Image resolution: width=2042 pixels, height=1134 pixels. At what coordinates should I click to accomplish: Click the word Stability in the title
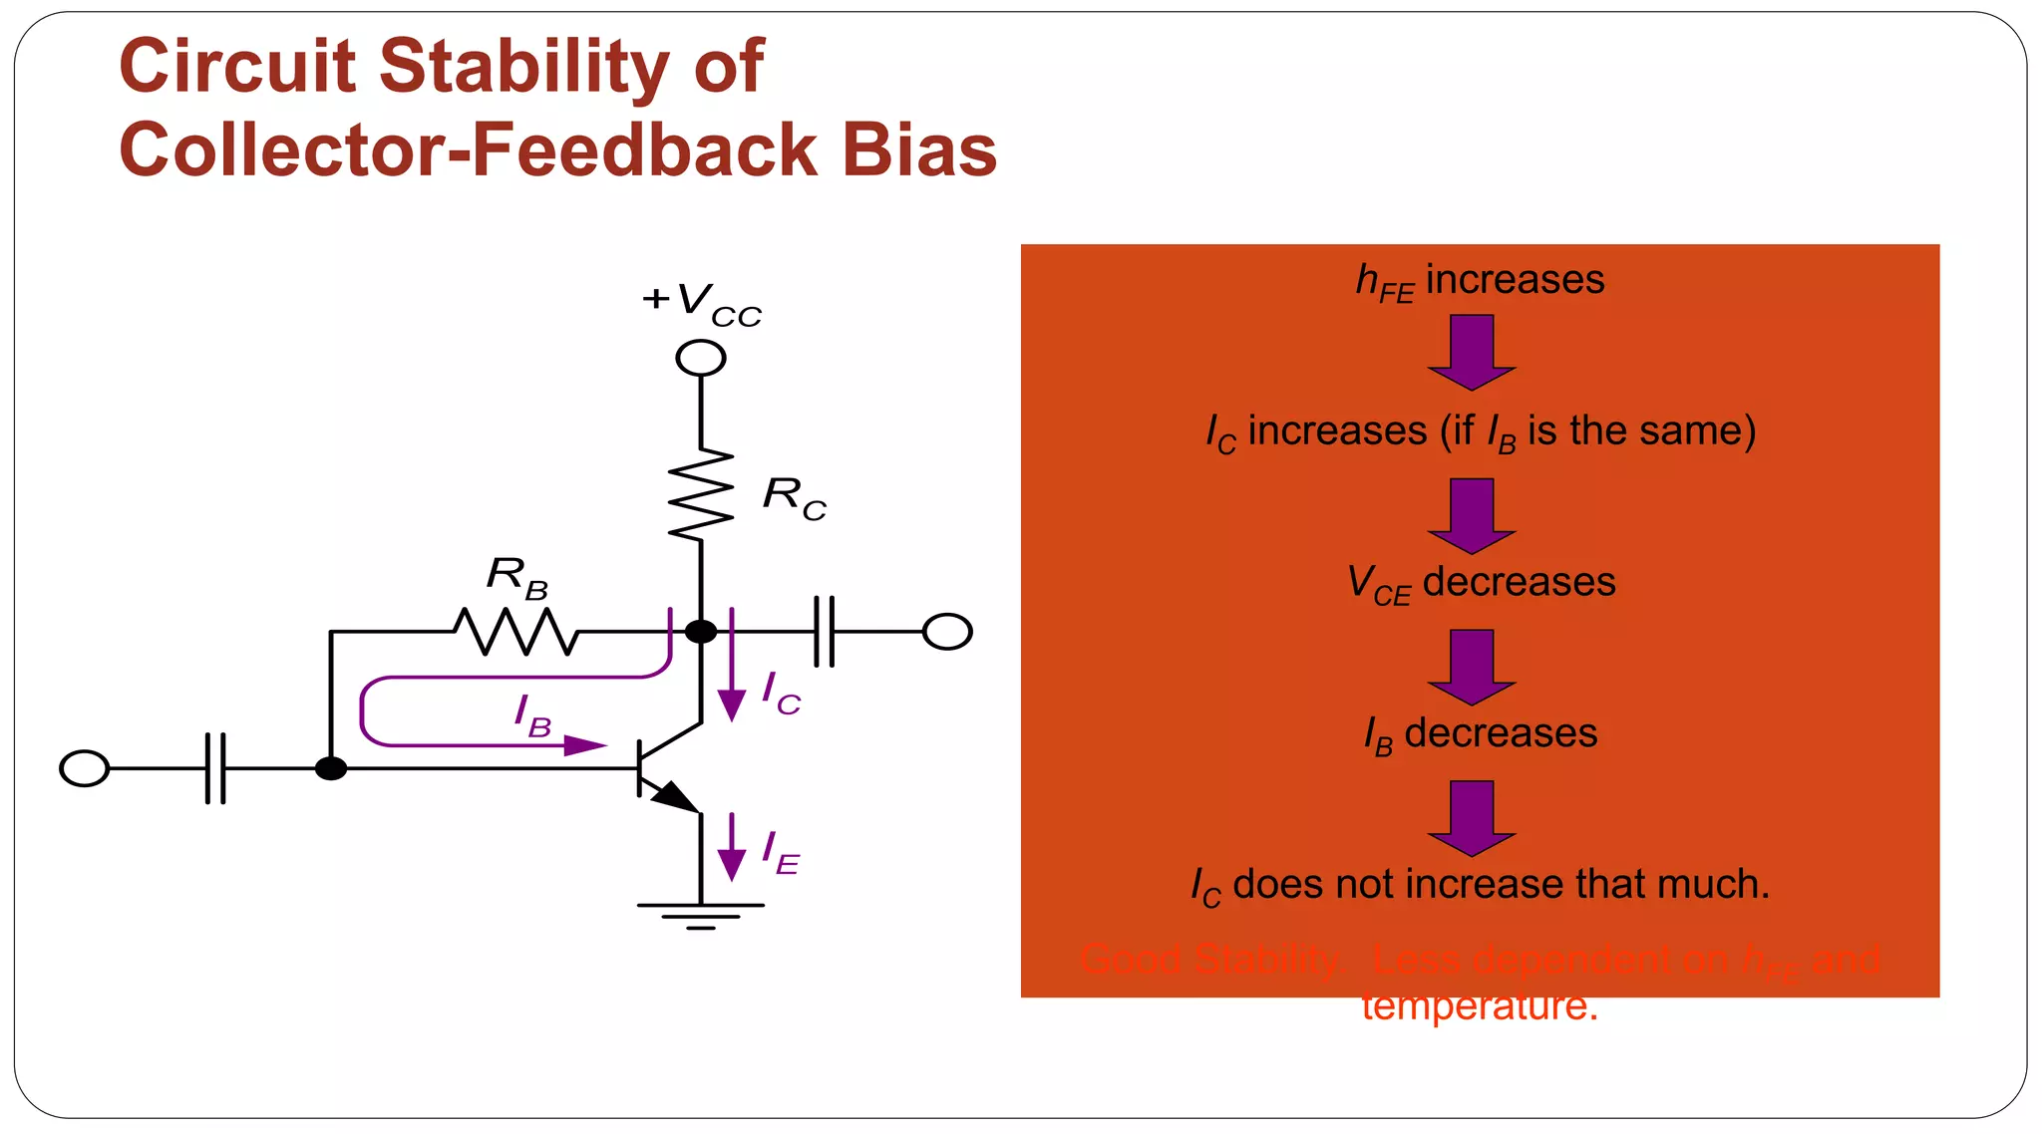(x=524, y=68)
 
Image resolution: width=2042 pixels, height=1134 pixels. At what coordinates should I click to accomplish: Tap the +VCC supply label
(x=701, y=302)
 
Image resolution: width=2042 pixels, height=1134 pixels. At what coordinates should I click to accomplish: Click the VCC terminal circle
(x=701, y=358)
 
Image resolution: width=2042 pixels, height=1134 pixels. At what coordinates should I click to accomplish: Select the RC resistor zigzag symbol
(x=701, y=494)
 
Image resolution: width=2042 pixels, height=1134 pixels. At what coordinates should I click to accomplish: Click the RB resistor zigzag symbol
(x=515, y=632)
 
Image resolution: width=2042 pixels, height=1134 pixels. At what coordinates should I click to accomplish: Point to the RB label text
(x=517, y=577)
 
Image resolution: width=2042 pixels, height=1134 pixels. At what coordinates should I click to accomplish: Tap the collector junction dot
(x=701, y=631)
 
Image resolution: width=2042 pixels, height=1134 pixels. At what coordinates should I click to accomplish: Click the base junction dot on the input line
(x=331, y=768)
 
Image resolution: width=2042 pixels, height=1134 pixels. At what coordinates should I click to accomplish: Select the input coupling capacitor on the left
(x=215, y=768)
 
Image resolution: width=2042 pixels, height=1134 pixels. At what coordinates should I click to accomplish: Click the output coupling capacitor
(x=825, y=631)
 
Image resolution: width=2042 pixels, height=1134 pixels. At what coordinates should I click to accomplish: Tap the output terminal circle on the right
(x=947, y=632)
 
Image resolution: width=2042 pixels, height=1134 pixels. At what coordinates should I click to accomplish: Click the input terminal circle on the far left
(x=85, y=768)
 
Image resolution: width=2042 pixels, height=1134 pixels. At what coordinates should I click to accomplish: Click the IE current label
(x=780, y=854)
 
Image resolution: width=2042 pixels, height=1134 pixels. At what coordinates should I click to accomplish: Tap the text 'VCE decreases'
(x=1481, y=583)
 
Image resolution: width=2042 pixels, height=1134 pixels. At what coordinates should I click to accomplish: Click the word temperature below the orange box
(x=1480, y=1006)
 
